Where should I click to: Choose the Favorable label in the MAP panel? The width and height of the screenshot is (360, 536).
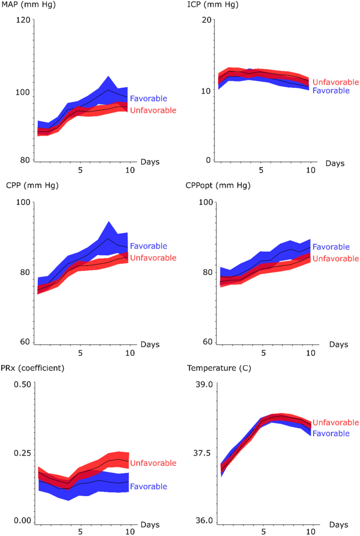click(149, 98)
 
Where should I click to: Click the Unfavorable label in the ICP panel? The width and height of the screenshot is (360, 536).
click(336, 82)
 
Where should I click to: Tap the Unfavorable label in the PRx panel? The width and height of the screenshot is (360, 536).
click(153, 463)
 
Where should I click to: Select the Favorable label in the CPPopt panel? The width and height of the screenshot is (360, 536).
click(331, 247)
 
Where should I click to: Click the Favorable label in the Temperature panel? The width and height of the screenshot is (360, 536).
click(331, 433)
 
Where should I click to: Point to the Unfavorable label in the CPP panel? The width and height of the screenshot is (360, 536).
click(153, 257)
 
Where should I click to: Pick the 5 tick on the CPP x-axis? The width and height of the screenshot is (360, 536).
click(80, 353)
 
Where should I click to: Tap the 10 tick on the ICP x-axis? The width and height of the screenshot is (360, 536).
click(310, 170)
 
